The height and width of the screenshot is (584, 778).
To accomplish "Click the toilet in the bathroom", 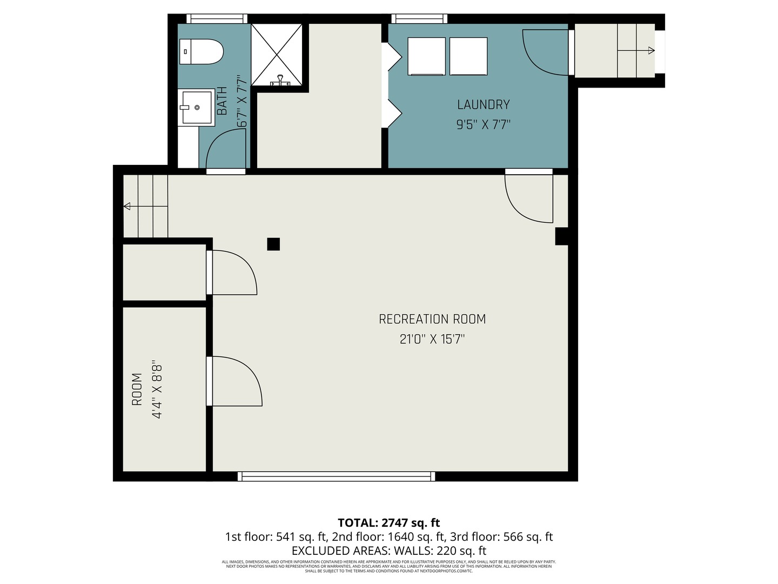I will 201,52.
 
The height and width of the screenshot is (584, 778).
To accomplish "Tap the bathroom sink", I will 196,107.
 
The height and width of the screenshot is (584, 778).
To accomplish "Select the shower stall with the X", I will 277,55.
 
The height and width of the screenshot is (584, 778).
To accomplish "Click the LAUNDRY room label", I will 483,104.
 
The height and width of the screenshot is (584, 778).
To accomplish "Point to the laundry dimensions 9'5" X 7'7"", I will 483,125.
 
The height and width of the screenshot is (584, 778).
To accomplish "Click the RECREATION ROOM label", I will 432,319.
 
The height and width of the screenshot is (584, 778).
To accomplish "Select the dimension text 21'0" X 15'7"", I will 432,340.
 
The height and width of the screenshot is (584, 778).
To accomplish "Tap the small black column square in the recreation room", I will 273,244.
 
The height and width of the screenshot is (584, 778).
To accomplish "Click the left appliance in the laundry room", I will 426,56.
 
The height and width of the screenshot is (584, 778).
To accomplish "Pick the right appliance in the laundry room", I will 468,56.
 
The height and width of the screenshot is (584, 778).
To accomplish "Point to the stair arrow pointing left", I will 128,206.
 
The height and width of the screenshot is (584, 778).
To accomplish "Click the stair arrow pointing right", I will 650,51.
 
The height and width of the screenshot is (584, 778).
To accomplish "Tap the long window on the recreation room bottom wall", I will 336,476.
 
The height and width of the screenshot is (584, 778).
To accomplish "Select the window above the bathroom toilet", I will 216,19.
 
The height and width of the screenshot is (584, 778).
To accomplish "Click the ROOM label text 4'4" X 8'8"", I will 157,389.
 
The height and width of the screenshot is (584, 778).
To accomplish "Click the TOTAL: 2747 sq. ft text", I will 388,523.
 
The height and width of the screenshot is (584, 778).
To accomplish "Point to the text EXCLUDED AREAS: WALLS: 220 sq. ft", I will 388,551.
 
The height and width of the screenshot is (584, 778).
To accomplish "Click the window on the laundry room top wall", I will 419,19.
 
